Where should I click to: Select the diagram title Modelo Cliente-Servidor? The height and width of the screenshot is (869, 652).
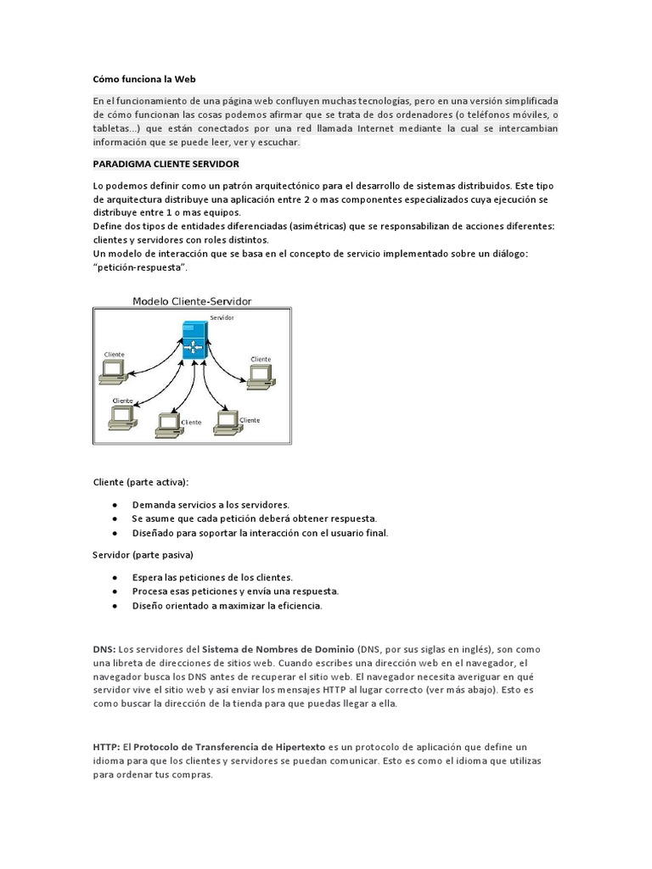192,301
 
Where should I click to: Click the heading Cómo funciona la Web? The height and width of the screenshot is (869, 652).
143,79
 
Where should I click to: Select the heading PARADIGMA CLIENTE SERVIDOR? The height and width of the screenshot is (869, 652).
166,163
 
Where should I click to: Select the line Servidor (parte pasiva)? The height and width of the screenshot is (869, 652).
143,555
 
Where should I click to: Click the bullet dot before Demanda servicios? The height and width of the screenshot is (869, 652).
114,504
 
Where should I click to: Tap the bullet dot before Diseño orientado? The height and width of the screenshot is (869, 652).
114,606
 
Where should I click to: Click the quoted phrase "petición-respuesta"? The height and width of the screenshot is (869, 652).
139,267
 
